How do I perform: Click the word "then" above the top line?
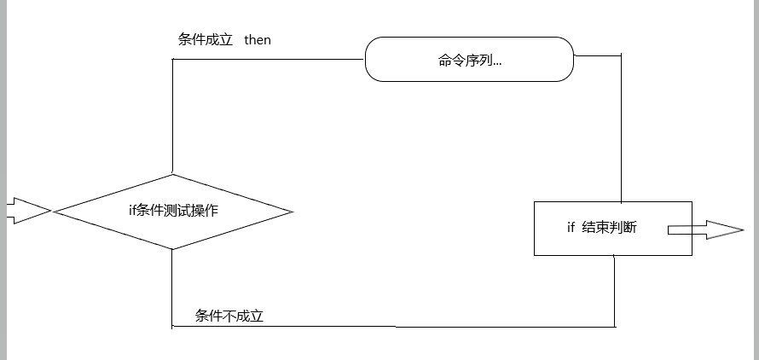coord(258,40)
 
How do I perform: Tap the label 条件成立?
coord(206,40)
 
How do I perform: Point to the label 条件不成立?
coord(229,316)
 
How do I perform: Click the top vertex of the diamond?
coord(173,174)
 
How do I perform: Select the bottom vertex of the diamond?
coord(173,249)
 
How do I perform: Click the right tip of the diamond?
coord(292,211)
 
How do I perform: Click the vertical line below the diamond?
coord(173,287)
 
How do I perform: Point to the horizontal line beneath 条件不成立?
coord(392,326)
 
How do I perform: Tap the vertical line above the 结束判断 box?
coord(621,128)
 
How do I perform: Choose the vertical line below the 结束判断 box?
coord(615,290)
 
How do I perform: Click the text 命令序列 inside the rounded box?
coord(468,60)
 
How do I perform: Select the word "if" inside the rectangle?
coord(571,227)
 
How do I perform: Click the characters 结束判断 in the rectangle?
coord(610,227)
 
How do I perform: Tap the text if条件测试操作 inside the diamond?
coord(173,210)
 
